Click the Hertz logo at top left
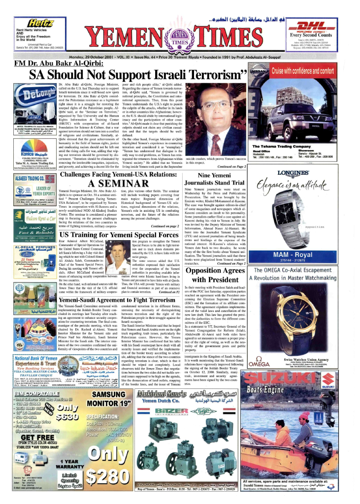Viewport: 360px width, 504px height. (43, 23)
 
